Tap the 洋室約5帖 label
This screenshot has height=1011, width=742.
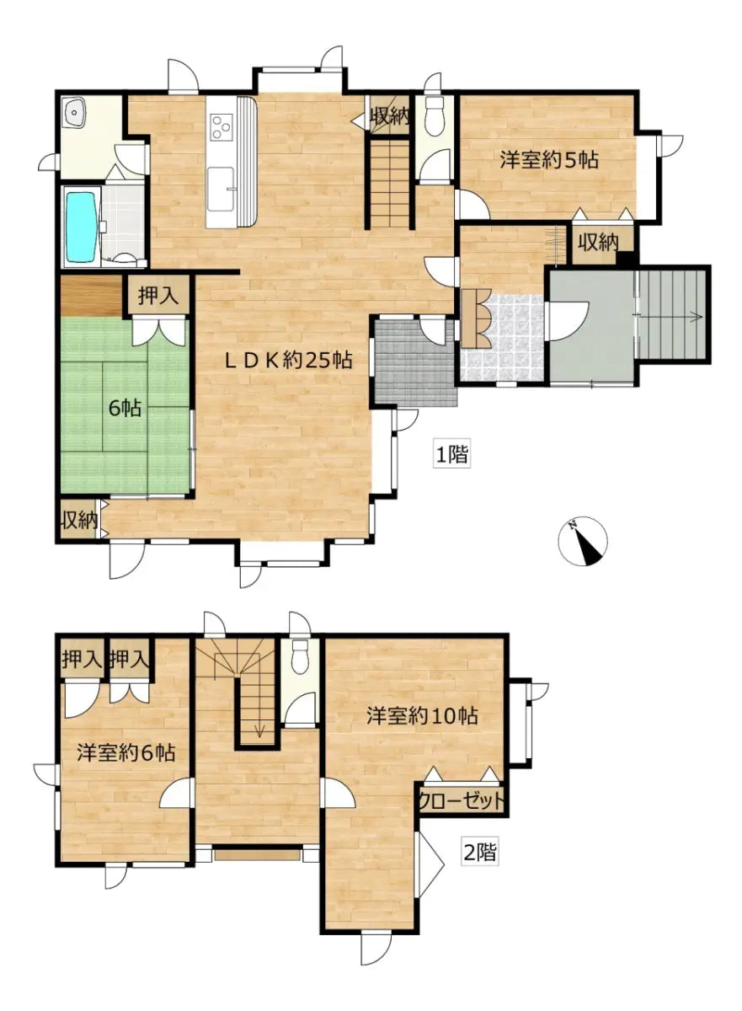549,160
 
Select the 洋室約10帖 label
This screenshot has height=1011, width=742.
422,716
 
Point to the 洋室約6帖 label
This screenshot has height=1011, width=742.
125,752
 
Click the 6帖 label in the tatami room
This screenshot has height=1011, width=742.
125,409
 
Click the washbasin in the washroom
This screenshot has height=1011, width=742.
74,112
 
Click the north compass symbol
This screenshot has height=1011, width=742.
583,542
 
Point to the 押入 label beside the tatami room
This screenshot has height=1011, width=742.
157,297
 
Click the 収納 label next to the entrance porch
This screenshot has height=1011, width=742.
598,243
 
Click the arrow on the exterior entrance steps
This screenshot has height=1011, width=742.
670,317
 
